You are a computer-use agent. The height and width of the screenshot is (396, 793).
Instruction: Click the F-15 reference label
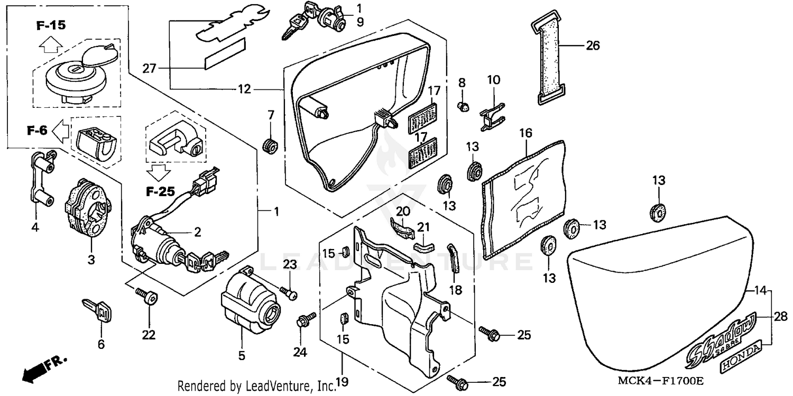click(x=51, y=25)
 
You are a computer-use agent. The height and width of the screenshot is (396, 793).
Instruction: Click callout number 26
click(x=593, y=46)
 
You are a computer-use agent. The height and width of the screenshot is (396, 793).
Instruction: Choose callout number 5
click(x=242, y=356)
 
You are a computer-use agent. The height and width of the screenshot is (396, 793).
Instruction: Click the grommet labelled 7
click(x=271, y=144)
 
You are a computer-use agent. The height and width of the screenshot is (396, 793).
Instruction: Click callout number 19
click(x=342, y=381)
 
